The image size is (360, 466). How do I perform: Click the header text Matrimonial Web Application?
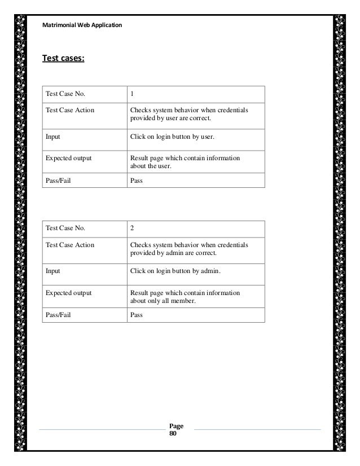pos(78,25)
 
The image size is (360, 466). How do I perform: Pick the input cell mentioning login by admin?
pos(175,272)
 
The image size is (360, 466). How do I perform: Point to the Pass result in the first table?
pos(137,180)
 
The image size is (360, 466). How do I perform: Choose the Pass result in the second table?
pos(137,315)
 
